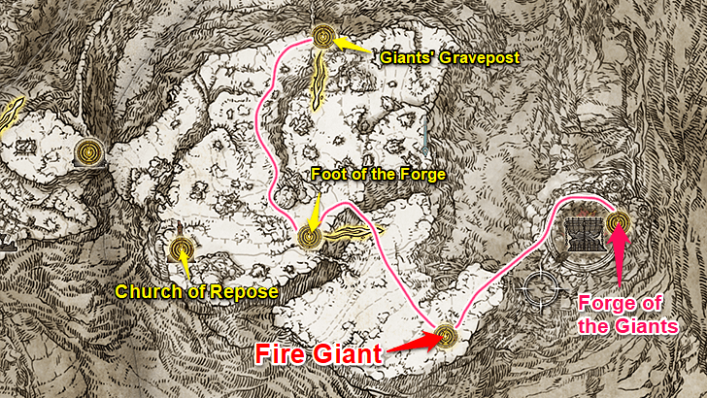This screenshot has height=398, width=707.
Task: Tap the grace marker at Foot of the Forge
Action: pos(309,235)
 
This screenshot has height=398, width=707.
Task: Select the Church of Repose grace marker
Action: pos(180,249)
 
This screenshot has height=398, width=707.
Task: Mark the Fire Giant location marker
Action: pos(446,336)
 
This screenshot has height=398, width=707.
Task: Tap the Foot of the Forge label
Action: pos(378,175)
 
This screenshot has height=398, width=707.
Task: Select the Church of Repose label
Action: pos(197,292)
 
